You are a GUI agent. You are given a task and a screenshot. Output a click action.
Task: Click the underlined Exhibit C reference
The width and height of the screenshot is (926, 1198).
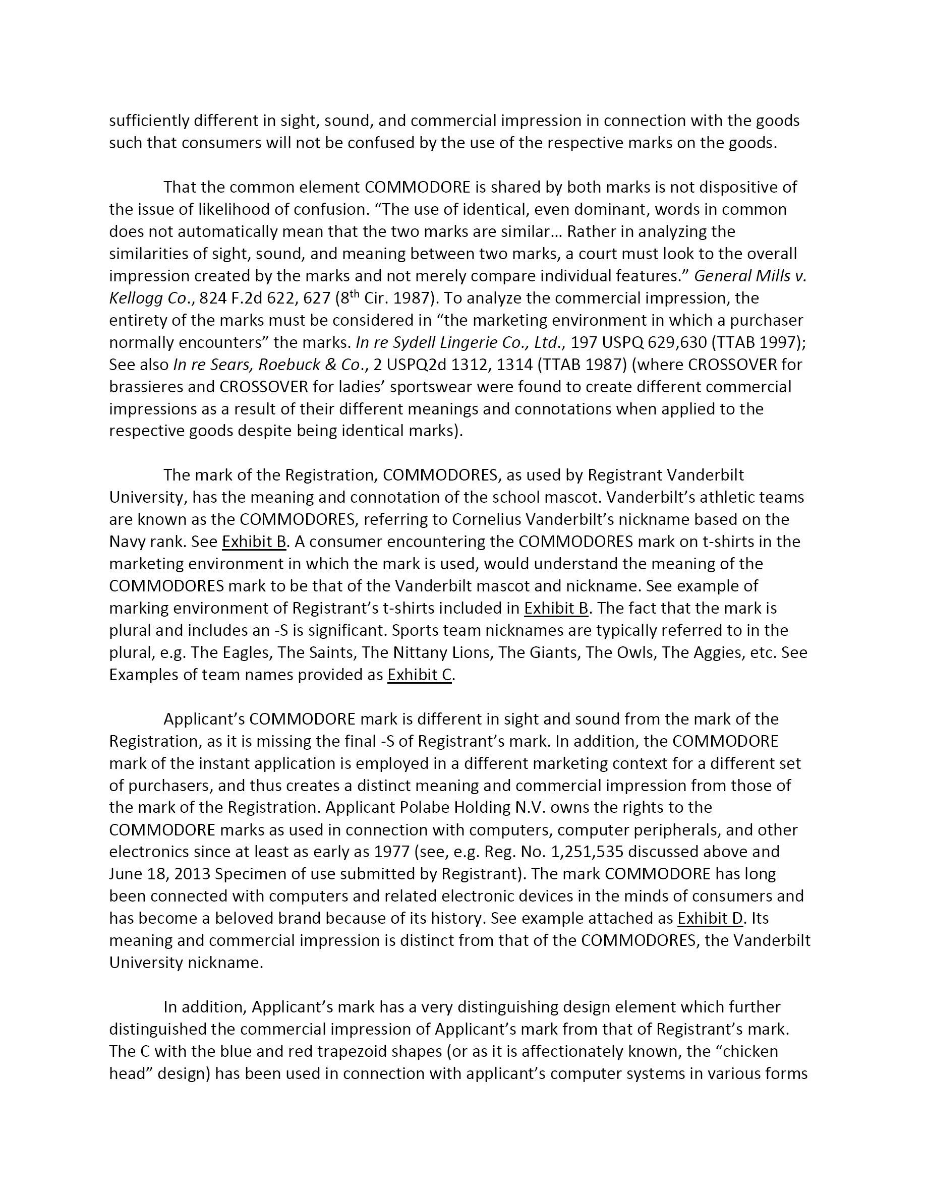click(420, 675)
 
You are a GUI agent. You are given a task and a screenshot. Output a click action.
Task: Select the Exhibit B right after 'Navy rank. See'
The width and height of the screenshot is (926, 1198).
click(254, 542)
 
